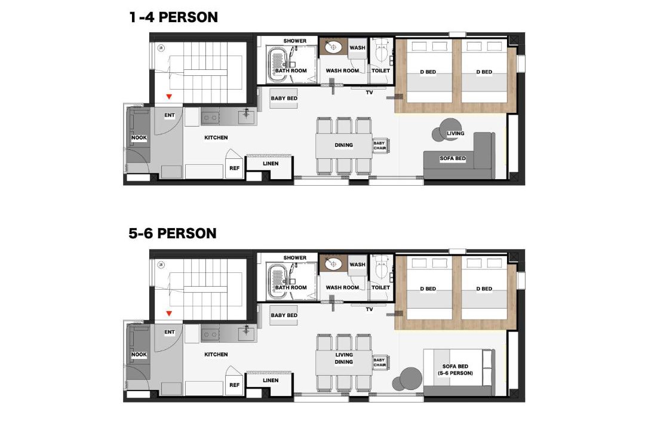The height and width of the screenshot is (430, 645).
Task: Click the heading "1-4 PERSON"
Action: pyautogui.click(x=173, y=17)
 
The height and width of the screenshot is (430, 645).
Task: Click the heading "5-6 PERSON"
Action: pyautogui.click(x=173, y=234)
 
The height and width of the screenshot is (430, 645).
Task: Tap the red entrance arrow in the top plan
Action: pyautogui.click(x=168, y=97)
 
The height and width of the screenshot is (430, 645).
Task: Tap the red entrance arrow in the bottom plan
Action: pyautogui.click(x=168, y=314)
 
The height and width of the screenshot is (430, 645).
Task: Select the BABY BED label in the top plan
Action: pyautogui.click(x=284, y=99)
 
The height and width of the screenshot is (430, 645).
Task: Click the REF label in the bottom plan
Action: pyautogui.click(x=235, y=385)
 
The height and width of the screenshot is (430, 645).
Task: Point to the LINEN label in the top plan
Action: pyautogui.click(x=271, y=164)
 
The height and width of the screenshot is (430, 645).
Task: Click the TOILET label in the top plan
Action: pyautogui.click(x=380, y=71)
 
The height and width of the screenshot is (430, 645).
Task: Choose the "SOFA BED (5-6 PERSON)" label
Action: pyautogui.click(x=455, y=370)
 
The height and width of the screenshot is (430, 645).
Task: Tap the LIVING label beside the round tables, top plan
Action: pyautogui.click(x=455, y=133)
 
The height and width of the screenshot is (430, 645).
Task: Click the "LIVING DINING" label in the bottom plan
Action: pyautogui.click(x=344, y=358)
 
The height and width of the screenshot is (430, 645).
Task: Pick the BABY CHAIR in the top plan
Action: pyautogui.click(x=380, y=146)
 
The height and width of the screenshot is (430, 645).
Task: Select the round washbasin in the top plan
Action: pyautogui.click(x=334, y=47)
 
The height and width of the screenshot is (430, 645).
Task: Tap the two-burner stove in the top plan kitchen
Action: pyautogui.click(x=210, y=118)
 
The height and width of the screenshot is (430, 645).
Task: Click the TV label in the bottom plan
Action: pyautogui.click(x=370, y=309)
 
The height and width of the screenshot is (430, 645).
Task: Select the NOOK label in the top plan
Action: pyautogui.click(x=139, y=138)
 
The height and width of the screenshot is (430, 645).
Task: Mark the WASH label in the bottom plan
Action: pyautogui.click(x=357, y=265)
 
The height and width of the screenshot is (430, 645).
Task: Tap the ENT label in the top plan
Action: pyautogui.click(x=170, y=115)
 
